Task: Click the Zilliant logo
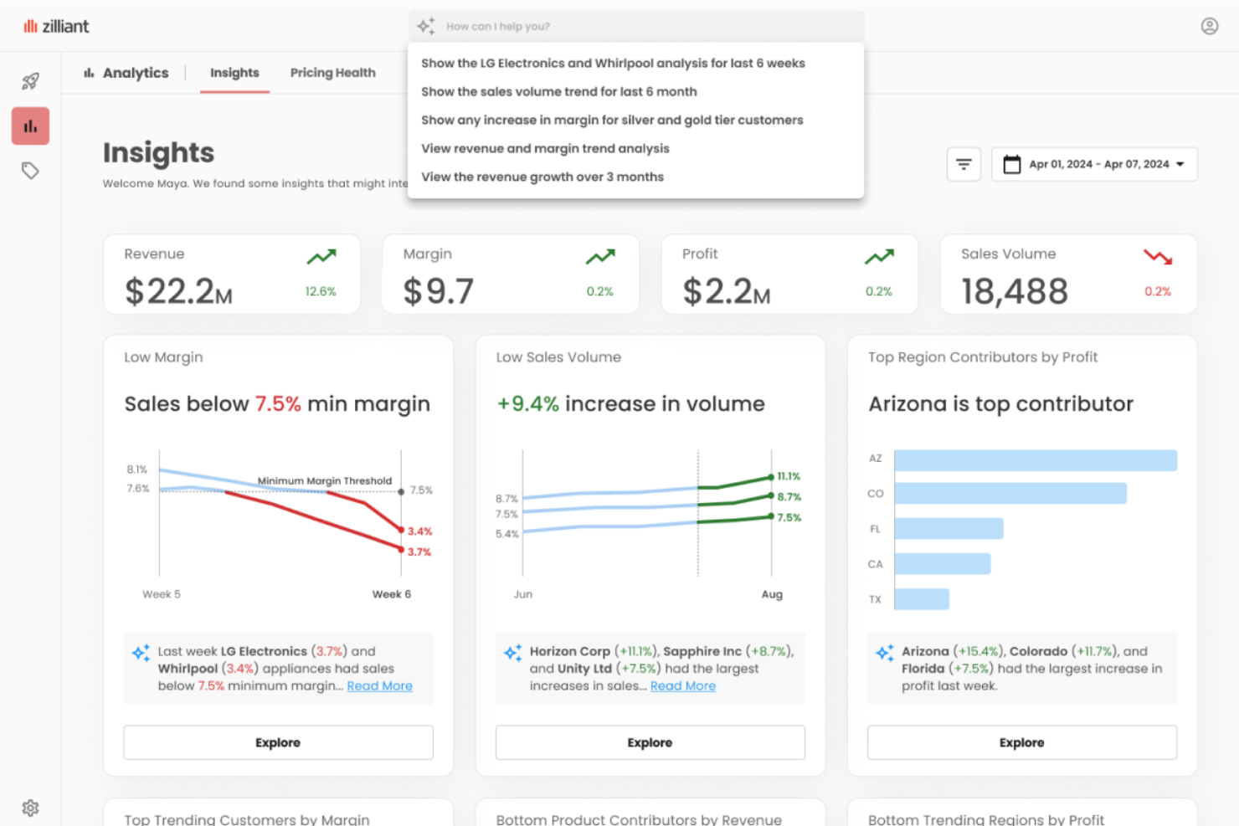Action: pos(56,26)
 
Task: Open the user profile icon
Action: pos(1209,26)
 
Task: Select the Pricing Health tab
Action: pos(332,73)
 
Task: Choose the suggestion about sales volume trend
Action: pos(558,91)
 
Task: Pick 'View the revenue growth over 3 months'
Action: pos(542,177)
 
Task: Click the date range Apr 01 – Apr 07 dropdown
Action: pos(1094,164)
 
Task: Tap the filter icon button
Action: pos(964,164)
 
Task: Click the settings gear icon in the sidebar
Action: pos(30,808)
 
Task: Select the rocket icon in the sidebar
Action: pos(30,81)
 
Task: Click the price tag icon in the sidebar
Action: pos(30,171)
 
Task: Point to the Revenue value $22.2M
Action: pos(178,291)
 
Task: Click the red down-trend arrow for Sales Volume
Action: pos(1158,257)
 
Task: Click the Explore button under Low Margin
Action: pos(278,742)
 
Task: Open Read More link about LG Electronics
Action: pos(379,685)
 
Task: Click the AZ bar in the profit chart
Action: pos(1035,460)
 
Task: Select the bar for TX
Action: pos(922,599)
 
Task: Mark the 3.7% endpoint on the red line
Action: pos(401,549)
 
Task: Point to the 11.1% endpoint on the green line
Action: pos(771,477)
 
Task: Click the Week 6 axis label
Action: pos(391,594)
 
